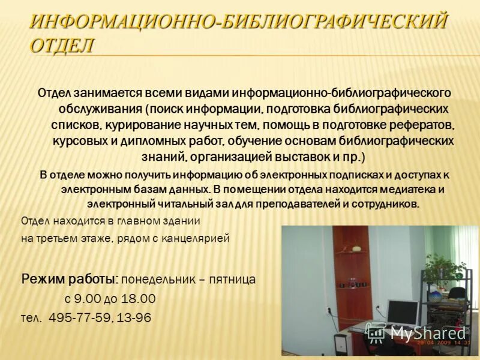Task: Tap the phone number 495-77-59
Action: pyautogui.click(x=78, y=318)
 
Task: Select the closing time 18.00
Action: pyautogui.click(x=139, y=299)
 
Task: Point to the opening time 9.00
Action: pyautogui.click(x=88, y=299)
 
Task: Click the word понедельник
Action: pyautogui.click(x=158, y=280)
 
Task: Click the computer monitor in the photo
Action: pyautogui.click(x=401, y=313)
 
